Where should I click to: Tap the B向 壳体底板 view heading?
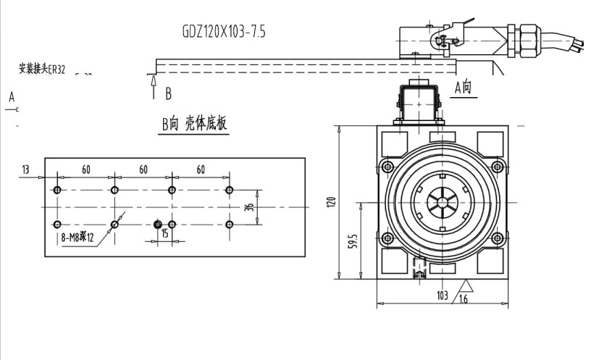[194, 124]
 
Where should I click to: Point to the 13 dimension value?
[26, 169]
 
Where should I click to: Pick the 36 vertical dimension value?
[249, 207]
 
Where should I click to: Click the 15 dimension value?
[165, 234]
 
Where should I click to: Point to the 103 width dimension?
[442, 296]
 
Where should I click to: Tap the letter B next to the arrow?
[168, 93]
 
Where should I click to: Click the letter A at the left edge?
[12, 96]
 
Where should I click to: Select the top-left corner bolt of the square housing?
[387, 167]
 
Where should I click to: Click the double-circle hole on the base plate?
[158, 225]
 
